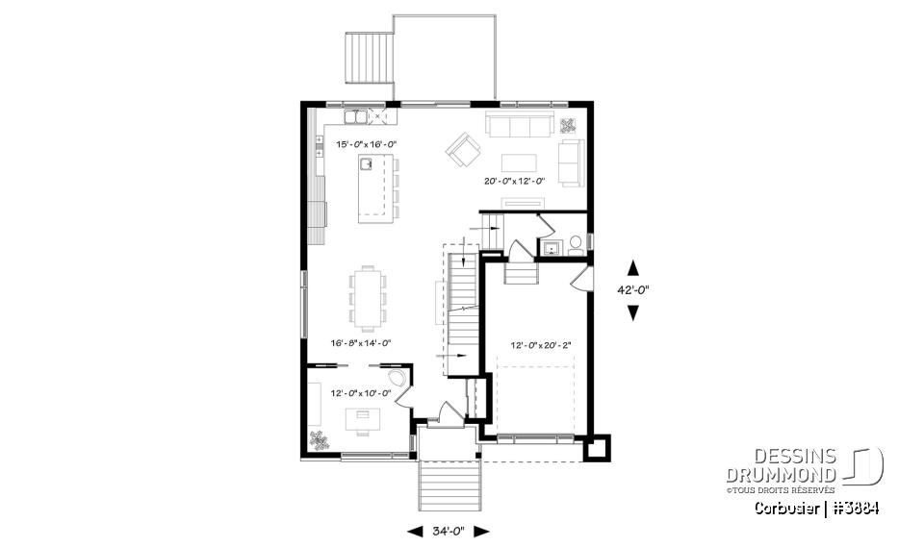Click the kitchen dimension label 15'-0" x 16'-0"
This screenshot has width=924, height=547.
366,144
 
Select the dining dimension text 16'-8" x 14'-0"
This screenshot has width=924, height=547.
361,342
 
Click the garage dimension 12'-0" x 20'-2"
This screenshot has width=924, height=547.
541,346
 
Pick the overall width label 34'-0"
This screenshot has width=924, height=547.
449,531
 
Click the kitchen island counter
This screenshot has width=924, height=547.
377,190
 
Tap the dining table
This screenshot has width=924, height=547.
367,296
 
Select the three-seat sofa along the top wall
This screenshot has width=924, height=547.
518,125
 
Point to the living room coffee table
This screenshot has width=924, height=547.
520,161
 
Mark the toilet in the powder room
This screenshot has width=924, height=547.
575,244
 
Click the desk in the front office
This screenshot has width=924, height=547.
364,416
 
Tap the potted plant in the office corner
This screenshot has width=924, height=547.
320,440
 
